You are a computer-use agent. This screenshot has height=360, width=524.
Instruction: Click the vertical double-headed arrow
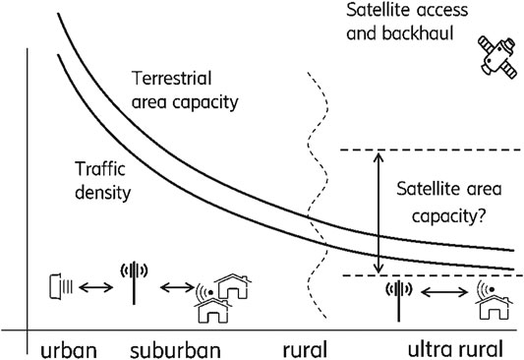[378, 211]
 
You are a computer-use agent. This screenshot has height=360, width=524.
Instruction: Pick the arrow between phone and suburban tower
[97, 288]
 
